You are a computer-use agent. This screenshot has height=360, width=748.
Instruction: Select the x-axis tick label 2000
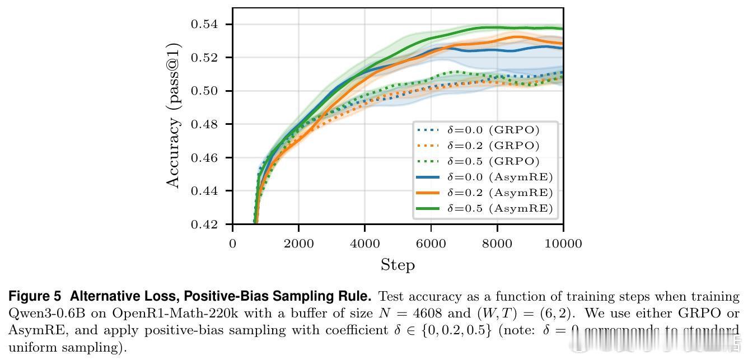(x=298, y=244)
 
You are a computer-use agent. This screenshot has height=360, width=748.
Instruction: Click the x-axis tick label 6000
(x=431, y=244)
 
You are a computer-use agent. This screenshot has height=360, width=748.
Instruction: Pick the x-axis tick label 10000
(x=563, y=244)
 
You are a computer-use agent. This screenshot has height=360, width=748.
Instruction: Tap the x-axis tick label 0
(x=233, y=244)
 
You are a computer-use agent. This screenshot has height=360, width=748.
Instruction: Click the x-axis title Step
(x=398, y=265)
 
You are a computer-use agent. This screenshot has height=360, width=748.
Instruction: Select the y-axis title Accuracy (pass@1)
(x=174, y=116)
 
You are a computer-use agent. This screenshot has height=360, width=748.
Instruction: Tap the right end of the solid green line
(x=562, y=29)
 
